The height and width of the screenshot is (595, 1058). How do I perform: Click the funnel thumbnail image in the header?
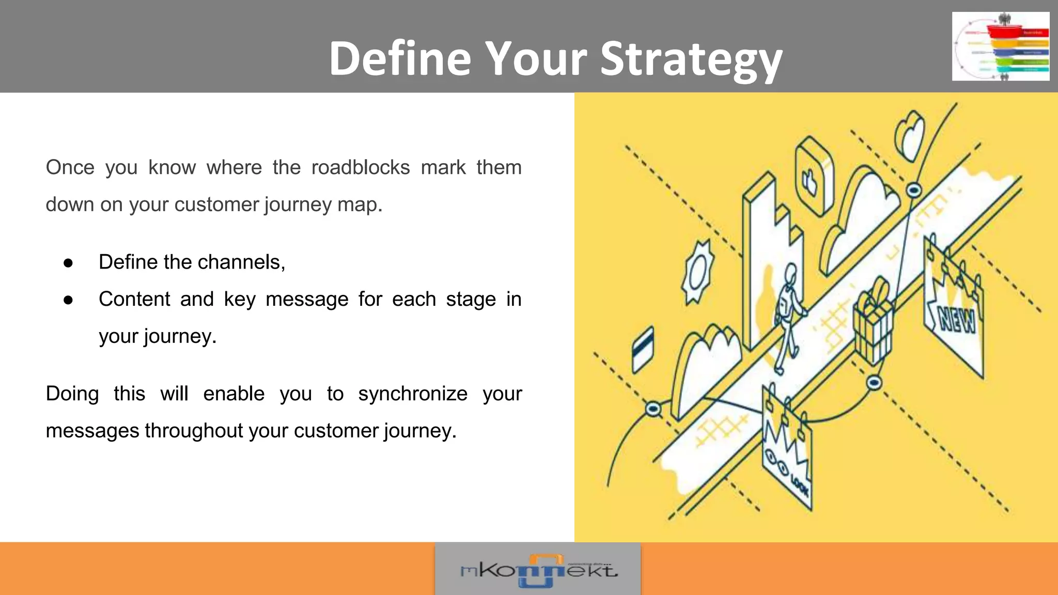(x=1000, y=46)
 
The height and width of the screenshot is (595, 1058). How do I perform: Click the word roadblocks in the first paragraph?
(x=361, y=167)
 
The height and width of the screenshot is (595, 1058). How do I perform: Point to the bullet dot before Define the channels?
(x=68, y=263)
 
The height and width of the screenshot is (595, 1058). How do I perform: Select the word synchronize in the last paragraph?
(x=413, y=394)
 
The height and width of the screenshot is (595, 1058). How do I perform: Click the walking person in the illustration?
(x=787, y=315)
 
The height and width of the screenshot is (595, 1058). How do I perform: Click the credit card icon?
(x=643, y=349)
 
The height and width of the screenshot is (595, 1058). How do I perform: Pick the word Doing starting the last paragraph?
(x=72, y=394)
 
